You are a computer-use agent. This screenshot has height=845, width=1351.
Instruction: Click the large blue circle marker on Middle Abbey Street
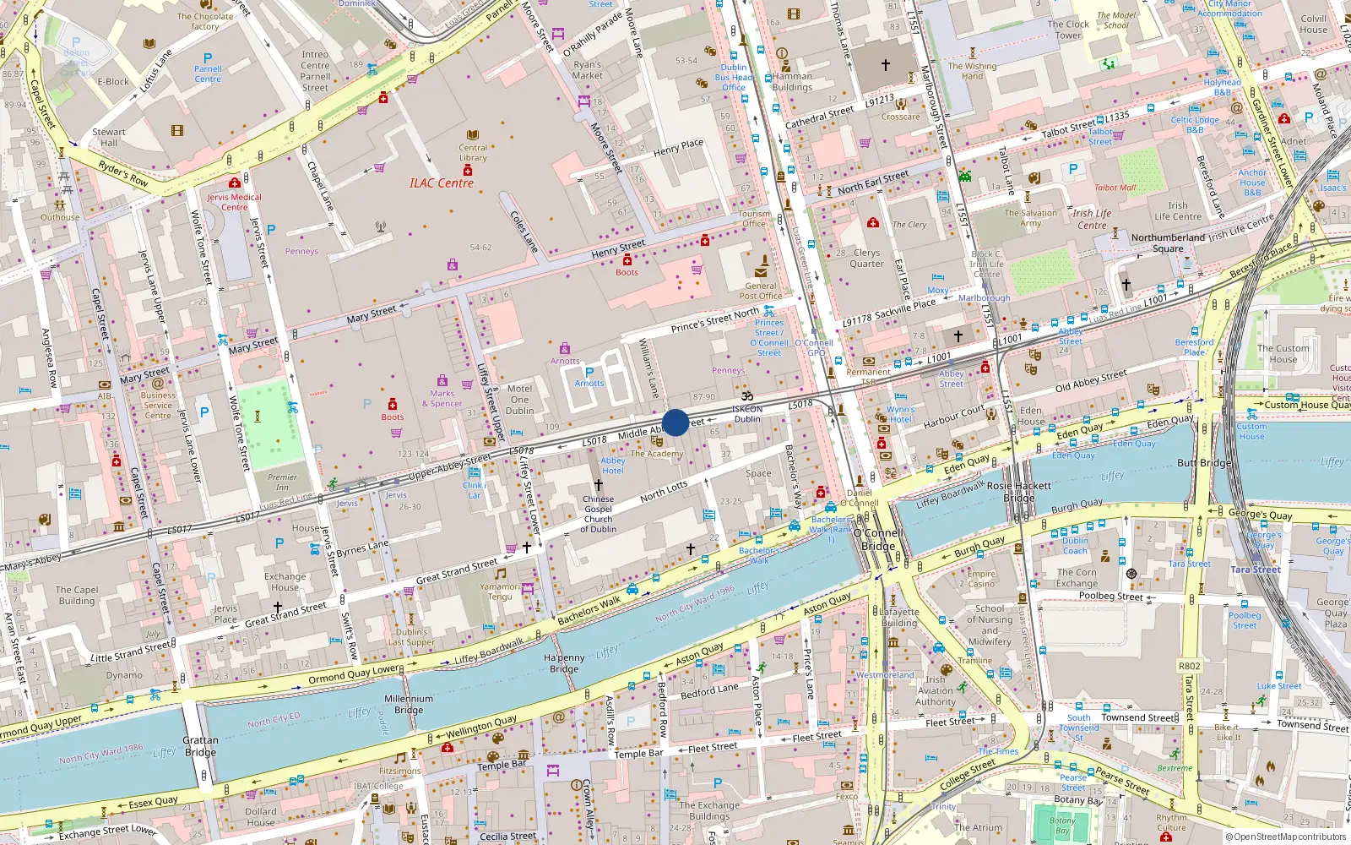pos(675,422)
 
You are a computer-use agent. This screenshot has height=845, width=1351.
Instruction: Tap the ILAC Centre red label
pos(441,183)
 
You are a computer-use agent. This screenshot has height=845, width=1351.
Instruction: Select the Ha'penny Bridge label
pos(564,663)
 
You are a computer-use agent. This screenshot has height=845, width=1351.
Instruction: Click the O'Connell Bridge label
pos(878,539)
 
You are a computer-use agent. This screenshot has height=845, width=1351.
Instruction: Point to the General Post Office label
pos(760,291)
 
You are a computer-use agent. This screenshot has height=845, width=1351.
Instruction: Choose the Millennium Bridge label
pos(409,704)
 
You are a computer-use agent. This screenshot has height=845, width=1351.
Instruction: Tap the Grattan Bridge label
pos(200,746)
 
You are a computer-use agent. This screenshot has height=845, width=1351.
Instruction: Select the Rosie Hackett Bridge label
pos(1018,491)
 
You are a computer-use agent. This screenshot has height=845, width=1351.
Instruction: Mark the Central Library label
pos(473,152)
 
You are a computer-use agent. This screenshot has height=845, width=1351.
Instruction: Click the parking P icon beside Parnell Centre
pos(208,58)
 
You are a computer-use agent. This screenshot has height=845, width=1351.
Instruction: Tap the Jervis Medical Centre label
pos(235,202)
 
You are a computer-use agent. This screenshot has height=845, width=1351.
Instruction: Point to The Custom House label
pos(1283,353)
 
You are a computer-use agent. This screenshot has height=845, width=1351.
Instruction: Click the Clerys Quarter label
pos(866,258)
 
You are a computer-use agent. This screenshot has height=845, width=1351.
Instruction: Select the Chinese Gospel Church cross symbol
pos(598,484)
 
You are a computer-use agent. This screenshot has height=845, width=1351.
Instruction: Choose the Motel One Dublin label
pos(519,400)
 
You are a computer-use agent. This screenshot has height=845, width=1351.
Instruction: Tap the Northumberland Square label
pos(1168,243)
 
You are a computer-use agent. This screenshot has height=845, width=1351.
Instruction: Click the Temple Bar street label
pos(501,766)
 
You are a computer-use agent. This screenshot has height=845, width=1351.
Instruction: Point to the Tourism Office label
pos(754,218)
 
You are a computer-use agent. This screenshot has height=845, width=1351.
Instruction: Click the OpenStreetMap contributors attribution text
pos(1286,837)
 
